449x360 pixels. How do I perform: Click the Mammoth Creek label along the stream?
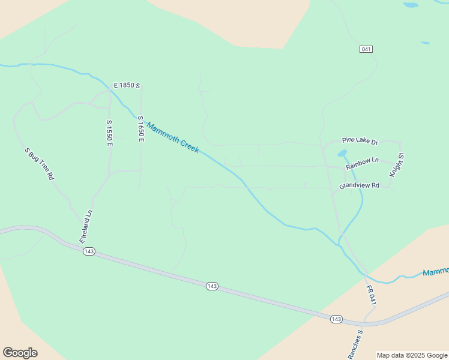point(173,137)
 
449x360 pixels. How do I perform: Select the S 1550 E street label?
point(109,133)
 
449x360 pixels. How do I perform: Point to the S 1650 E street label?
point(141,129)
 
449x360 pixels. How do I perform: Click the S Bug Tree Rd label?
point(40,164)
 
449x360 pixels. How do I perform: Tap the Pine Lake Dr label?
point(360,141)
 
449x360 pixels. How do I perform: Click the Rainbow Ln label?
point(362,161)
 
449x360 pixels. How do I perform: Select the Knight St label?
point(397,164)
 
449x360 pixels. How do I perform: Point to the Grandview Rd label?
point(359,185)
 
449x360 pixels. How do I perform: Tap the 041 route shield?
point(367,49)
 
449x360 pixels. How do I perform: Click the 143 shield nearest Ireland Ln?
point(89,251)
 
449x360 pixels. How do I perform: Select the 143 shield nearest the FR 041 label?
point(336,319)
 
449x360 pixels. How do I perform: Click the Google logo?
point(20,353)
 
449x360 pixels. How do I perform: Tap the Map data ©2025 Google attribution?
point(412,355)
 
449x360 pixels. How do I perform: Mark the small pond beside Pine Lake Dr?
point(343,153)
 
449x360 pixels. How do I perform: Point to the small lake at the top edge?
point(411,5)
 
